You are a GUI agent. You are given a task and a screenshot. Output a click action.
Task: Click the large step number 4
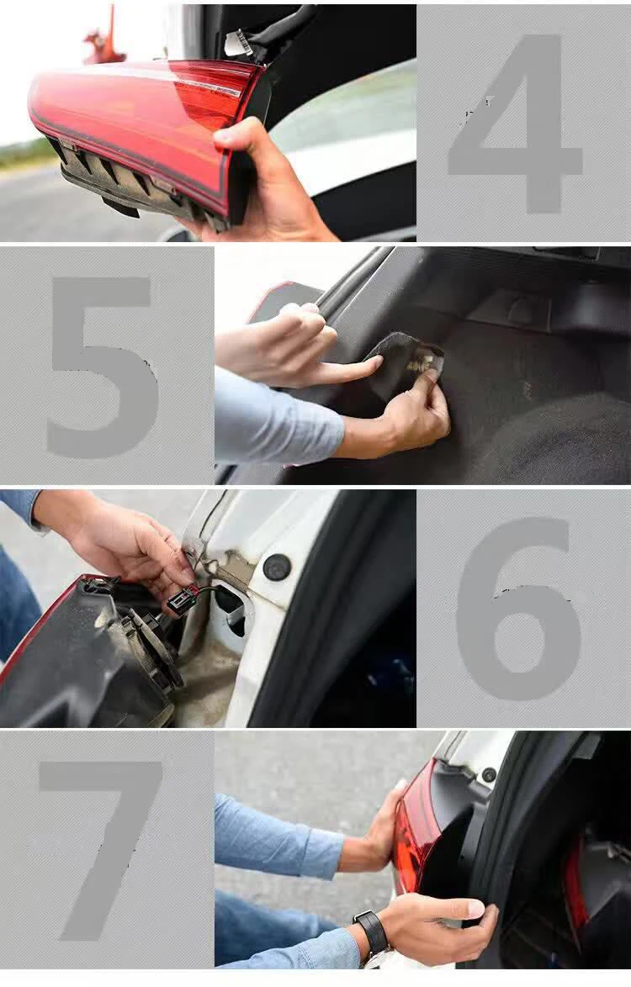click(x=513, y=126)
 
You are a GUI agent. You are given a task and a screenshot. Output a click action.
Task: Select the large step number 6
click(x=517, y=610)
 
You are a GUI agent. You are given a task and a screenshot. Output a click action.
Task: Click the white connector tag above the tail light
click(x=238, y=43)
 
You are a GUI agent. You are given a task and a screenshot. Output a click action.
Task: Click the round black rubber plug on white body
click(x=277, y=567)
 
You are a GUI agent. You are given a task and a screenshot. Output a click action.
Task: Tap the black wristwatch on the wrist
click(x=371, y=932)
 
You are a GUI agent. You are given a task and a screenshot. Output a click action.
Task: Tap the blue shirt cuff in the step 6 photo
click(x=20, y=509)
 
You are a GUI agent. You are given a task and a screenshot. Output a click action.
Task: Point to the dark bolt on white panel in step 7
click(x=489, y=774)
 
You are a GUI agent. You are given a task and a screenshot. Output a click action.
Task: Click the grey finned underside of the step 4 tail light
click(x=126, y=181)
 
